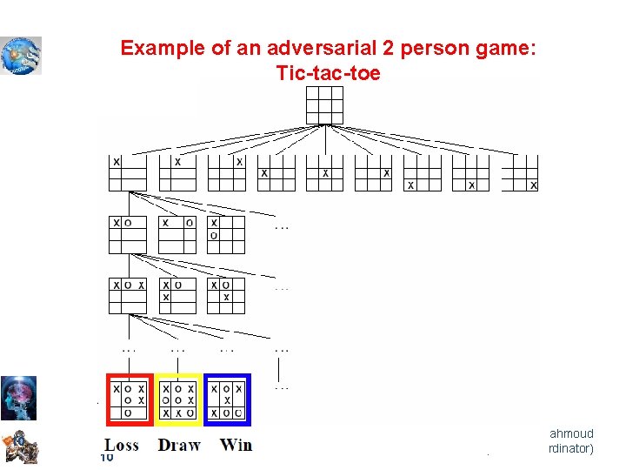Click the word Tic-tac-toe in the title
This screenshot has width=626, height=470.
pos(328,73)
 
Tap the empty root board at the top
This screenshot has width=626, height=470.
pos(325,106)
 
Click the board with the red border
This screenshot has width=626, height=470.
pos(130,399)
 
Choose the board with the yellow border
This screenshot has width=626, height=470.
pos(178,399)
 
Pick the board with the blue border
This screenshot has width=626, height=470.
pos(227,399)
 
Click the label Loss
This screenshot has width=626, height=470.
pos(122,445)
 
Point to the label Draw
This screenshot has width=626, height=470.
pos(179,445)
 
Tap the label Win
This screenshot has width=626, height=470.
pos(236,445)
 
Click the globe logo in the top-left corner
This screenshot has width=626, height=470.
pos(21,55)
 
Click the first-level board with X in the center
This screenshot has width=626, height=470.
pos(325,172)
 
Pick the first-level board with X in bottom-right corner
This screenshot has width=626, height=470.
pos(520,172)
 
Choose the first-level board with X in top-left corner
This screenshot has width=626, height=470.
pos(128,172)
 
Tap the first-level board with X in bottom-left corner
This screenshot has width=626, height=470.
pos(423,172)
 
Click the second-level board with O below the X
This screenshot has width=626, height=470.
pos(226,234)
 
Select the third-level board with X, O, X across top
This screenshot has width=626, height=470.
pos(128,295)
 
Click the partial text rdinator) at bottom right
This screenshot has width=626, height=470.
pos(570,449)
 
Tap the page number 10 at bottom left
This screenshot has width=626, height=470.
pos(107,458)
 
